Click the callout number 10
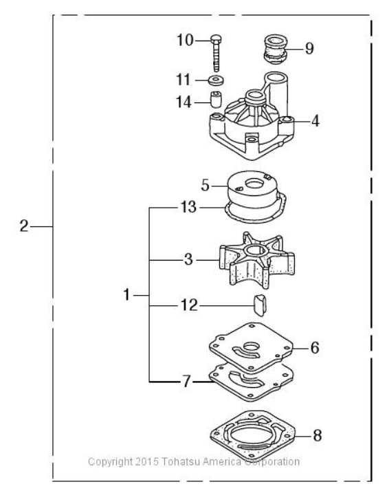(x=185, y=41)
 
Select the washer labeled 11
(x=216, y=80)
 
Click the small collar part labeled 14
(x=216, y=99)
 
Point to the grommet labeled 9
(x=275, y=50)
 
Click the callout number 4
(x=316, y=122)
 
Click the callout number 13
(x=188, y=207)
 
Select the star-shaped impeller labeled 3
(x=257, y=261)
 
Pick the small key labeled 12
(x=259, y=305)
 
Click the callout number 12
(x=189, y=305)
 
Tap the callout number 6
(x=315, y=348)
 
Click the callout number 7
(x=186, y=382)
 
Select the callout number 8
(x=317, y=436)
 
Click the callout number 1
(x=126, y=295)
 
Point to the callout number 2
(x=24, y=226)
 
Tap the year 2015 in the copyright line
(x=147, y=461)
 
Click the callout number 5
(x=205, y=186)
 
